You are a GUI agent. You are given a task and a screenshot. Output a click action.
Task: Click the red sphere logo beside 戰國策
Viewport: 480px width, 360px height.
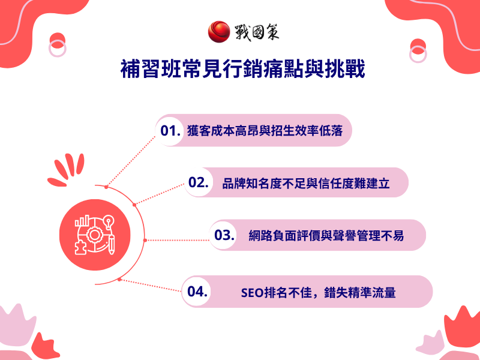pos(218,32)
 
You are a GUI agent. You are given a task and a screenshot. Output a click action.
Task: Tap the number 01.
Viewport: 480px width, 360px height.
pos(171,130)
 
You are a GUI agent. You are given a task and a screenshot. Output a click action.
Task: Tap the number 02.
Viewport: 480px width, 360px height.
pos(198,183)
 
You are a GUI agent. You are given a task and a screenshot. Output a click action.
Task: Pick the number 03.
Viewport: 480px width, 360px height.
pos(224,235)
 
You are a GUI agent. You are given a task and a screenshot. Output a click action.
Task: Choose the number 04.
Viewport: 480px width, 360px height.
pos(197,292)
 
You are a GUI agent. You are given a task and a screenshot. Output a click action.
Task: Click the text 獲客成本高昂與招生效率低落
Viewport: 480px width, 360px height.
pos(265,131)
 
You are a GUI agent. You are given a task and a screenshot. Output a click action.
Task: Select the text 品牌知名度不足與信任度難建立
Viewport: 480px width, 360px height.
pos(305,184)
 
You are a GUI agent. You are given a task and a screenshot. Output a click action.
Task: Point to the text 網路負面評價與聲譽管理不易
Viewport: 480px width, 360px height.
pos(326,236)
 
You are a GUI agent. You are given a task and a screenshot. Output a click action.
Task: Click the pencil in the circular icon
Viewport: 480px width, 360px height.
pos(112,244)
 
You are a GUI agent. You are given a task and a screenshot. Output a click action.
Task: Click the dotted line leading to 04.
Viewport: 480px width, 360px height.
pos(150,286)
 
